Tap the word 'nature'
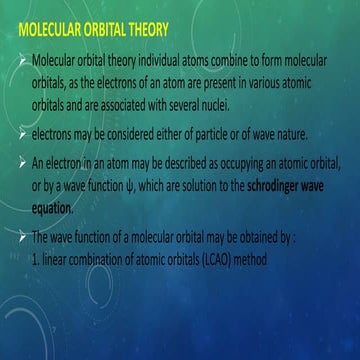click(304, 131)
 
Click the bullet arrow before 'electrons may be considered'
click(23, 131)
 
